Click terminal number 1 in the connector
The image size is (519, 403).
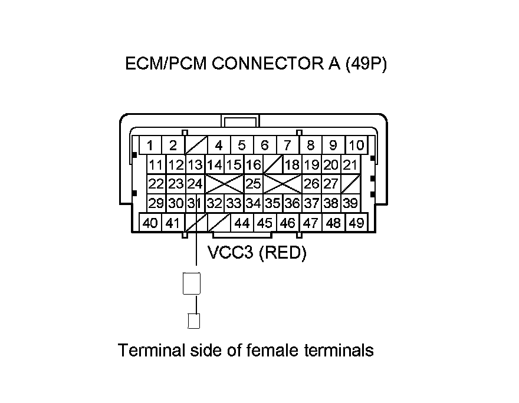pyautogui.click(x=150, y=146)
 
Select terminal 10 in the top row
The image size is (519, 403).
pyautogui.click(x=356, y=146)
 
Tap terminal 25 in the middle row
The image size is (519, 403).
pyautogui.click(x=253, y=184)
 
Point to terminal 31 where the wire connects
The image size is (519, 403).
pyautogui.click(x=194, y=204)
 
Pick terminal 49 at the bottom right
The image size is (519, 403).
pyautogui.click(x=356, y=223)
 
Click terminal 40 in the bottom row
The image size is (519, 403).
pyautogui.click(x=150, y=223)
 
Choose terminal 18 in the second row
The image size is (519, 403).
pyautogui.click(x=292, y=165)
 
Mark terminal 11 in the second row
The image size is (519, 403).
pyautogui.click(x=156, y=165)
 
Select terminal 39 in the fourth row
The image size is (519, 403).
pyautogui.click(x=350, y=204)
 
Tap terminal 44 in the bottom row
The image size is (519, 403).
pyautogui.click(x=242, y=223)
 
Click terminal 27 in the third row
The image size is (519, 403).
pyautogui.click(x=330, y=184)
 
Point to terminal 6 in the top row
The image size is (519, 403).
pyautogui.click(x=264, y=146)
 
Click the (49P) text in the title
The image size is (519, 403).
pyautogui.click(x=366, y=64)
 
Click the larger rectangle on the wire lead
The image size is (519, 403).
pyautogui.click(x=192, y=283)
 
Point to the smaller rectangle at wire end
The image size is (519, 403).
pyautogui.click(x=193, y=321)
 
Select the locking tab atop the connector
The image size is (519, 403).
pyautogui.click(x=241, y=121)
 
